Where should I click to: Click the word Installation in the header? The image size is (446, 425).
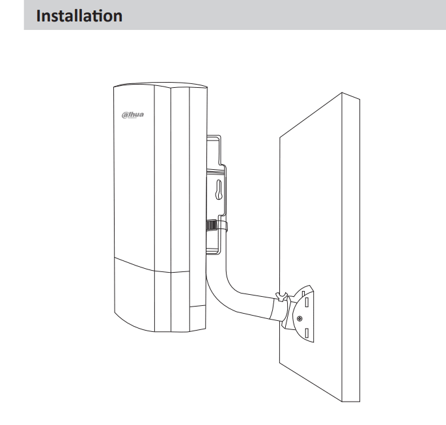point(79,16)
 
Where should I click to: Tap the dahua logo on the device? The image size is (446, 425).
point(133,115)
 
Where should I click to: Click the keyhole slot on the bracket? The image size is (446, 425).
point(219,189)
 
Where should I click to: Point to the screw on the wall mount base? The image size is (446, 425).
point(300,318)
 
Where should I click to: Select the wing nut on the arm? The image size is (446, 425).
point(281,296)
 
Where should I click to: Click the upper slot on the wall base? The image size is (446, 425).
point(307,302)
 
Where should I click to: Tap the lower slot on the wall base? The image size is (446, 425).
point(307,333)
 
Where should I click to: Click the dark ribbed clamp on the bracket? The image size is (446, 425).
point(212,225)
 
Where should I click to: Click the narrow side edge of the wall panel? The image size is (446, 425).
point(351,247)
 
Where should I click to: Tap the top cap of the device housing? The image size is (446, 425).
point(160,85)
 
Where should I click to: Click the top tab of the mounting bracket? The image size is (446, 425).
point(214,137)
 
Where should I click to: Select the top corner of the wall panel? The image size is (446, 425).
point(342,92)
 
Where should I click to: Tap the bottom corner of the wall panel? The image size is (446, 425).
point(342,402)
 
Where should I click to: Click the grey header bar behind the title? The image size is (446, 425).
point(235,15)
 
